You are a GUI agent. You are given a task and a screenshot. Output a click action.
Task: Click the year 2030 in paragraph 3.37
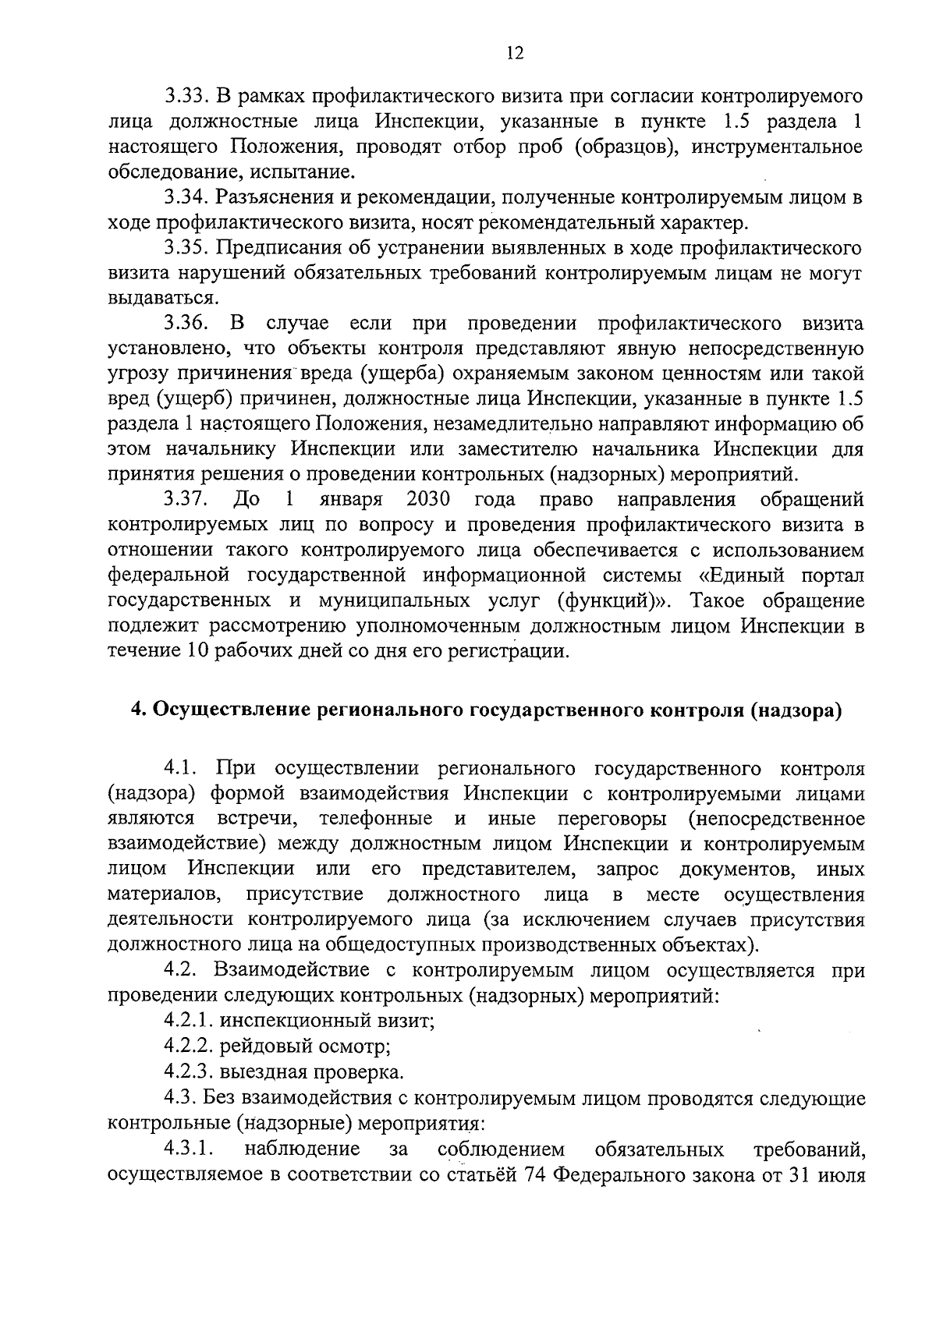(x=428, y=499)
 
